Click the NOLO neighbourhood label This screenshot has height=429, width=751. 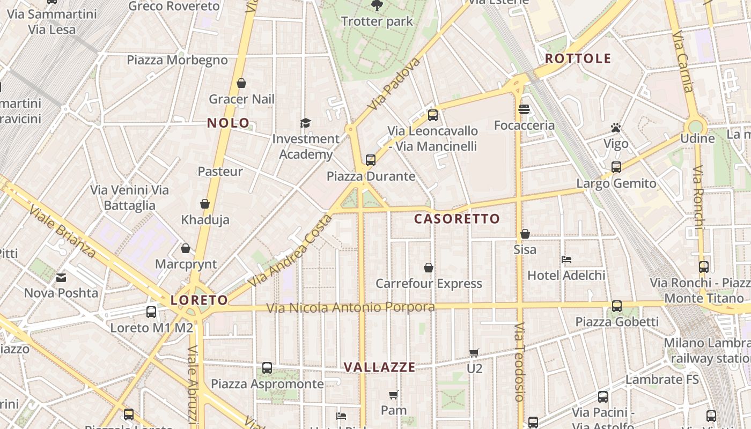(x=229, y=123)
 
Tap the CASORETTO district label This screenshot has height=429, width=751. (x=457, y=219)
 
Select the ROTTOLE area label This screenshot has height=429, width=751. (x=578, y=58)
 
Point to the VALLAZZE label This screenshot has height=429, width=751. (x=379, y=367)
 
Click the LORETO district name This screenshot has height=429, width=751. (x=199, y=300)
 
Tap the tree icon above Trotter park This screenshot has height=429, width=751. (x=377, y=5)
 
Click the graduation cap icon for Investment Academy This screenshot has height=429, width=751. (x=305, y=123)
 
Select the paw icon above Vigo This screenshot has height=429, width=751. (x=615, y=128)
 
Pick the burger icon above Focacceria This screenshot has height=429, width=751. (x=524, y=109)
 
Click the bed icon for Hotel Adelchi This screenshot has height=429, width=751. (x=566, y=260)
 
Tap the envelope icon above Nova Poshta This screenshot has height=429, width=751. (x=61, y=277)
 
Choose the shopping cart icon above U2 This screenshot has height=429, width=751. (x=474, y=353)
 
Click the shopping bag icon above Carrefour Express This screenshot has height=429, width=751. (x=429, y=267)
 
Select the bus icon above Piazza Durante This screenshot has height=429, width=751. (x=370, y=160)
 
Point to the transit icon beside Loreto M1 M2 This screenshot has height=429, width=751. (x=151, y=312)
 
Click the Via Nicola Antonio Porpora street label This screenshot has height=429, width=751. (x=351, y=307)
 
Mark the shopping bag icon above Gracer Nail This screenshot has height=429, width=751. (x=241, y=83)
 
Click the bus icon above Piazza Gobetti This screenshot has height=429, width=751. (x=617, y=306)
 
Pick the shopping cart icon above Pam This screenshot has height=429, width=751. (x=393, y=395)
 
